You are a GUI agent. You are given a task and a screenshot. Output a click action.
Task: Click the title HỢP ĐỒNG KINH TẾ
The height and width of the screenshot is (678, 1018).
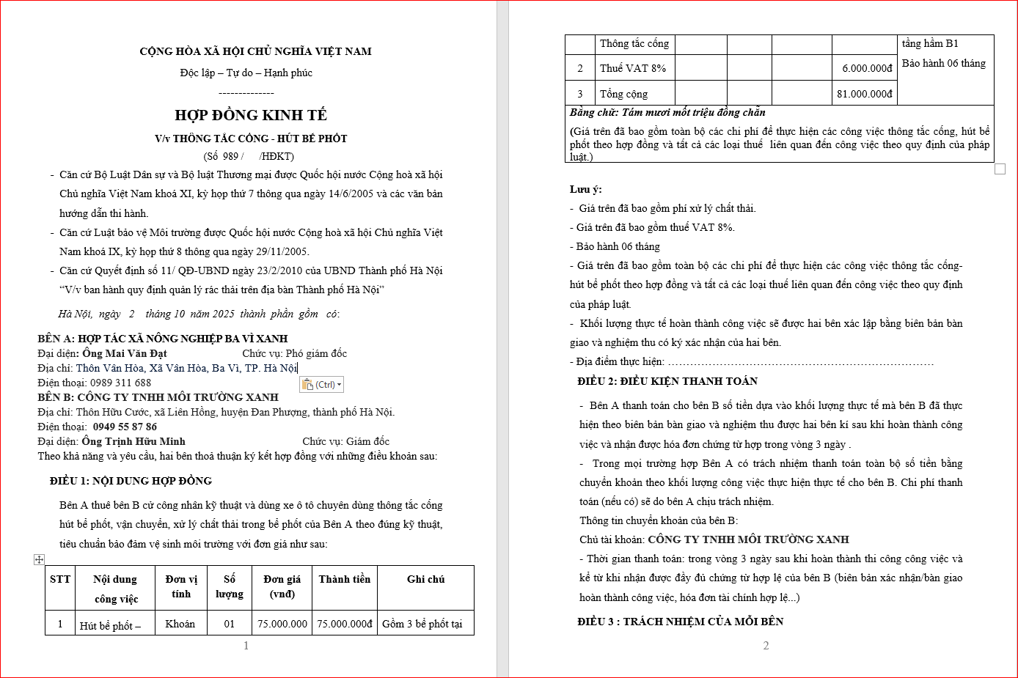251,115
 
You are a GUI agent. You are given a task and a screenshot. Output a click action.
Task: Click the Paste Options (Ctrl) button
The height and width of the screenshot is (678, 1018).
321,384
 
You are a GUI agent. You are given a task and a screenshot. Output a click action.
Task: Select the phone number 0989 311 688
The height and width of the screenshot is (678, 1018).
120,383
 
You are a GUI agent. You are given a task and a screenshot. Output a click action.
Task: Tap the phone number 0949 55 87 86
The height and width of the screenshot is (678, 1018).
125,427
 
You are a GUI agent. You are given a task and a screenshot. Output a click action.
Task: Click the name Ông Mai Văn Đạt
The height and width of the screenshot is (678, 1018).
125,353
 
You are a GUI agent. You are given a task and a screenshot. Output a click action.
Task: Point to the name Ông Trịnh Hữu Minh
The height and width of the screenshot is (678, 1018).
133,441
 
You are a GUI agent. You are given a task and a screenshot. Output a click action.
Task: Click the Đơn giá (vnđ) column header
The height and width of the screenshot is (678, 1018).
282,586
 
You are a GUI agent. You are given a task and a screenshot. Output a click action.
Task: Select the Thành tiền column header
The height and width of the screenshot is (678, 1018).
345,579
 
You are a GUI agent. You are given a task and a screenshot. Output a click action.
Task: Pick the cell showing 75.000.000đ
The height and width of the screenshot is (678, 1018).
345,624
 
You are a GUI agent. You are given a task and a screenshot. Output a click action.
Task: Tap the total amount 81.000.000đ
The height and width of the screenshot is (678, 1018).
865,94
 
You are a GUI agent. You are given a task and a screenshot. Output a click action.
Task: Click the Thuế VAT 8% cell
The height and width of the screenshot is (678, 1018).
633,68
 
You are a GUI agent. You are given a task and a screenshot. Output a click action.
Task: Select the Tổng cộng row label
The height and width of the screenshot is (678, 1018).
623,94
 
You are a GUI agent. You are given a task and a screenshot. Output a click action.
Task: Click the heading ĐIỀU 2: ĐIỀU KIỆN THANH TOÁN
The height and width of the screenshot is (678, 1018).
667,381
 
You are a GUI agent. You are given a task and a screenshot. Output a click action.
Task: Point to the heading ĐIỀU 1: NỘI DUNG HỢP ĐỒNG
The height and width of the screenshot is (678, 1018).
131,481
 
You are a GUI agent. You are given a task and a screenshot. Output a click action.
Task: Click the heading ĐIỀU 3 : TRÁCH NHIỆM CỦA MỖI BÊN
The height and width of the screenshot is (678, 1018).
681,622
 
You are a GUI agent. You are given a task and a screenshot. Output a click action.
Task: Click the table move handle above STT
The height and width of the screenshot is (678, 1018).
40,559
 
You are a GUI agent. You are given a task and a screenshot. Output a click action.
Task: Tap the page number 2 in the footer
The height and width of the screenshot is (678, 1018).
766,646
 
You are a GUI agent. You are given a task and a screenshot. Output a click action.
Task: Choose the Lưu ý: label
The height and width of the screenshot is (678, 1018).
586,189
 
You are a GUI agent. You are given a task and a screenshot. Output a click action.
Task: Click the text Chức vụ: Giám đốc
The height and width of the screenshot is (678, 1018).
346,441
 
